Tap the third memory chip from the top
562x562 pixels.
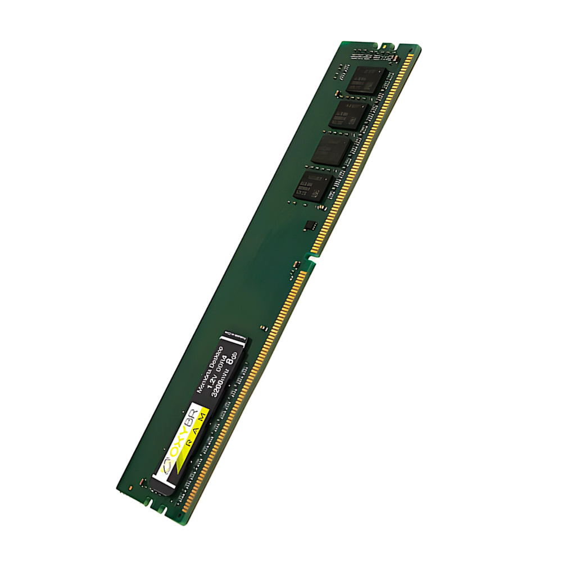332,150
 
